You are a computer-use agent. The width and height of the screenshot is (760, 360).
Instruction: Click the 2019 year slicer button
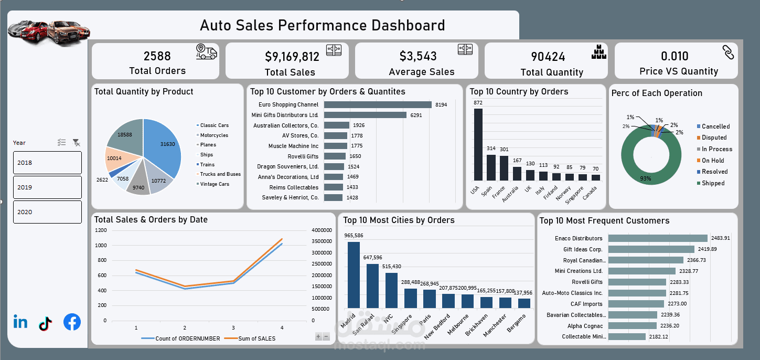[x=47, y=187]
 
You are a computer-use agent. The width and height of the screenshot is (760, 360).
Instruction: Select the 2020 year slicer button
[x=47, y=212]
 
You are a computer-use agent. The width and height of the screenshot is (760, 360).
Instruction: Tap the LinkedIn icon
[x=20, y=322]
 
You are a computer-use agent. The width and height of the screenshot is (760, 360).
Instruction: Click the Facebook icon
[x=72, y=322]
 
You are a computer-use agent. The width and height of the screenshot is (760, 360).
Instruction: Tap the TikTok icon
[x=46, y=323]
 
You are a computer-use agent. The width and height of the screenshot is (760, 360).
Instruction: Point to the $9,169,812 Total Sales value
[x=292, y=56]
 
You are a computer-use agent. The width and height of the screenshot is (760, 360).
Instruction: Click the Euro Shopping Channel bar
[x=378, y=105]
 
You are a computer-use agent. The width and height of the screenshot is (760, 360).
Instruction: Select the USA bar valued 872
[x=478, y=144]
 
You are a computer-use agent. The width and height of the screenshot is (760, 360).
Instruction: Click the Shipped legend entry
[x=713, y=183]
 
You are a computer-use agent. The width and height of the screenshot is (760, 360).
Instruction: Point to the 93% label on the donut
[x=646, y=179]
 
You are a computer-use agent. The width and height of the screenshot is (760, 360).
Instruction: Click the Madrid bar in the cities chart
[x=354, y=274]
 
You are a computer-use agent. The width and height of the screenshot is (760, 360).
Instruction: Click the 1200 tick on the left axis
[x=101, y=230]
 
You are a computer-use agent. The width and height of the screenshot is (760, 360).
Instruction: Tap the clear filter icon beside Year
[x=76, y=142]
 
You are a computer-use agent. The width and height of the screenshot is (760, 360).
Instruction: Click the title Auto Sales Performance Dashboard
[x=322, y=25]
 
